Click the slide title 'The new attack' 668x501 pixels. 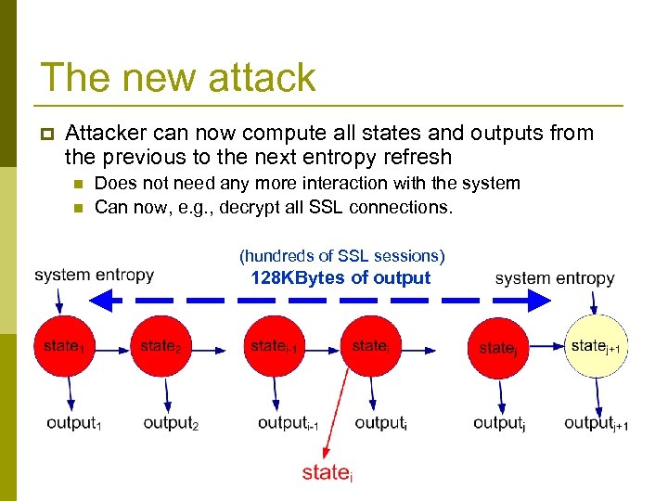tap(178, 77)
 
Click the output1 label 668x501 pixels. tap(74, 423)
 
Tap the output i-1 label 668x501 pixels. tap(289, 423)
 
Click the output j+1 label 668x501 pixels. tap(597, 423)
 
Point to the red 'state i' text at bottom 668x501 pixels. tap(328, 473)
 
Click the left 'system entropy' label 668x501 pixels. tap(94, 275)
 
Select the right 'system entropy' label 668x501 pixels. tap(555, 277)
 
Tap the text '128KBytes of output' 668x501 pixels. tap(340, 277)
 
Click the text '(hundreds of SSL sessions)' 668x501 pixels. tap(341, 255)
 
